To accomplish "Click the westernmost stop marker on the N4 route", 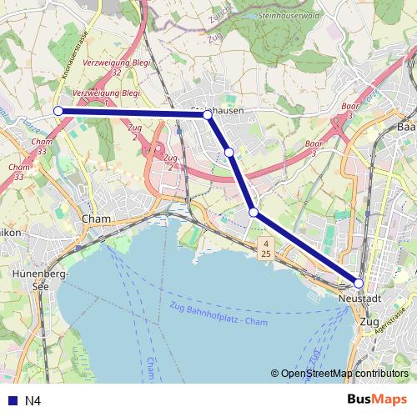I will click(x=58, y=111).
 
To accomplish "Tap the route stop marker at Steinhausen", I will click(x=208, y=115).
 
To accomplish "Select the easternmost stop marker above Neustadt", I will click(x=359, y=284).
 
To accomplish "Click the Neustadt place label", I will click(x=359, y=299).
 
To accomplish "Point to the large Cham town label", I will click(x=96, y=219).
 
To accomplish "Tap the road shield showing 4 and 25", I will click(x=265, y=248).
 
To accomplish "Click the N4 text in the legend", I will click(x=33, y=401).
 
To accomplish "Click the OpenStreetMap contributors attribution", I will click(x=339, y=374).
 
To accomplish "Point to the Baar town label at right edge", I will click(x=407, y=128).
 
